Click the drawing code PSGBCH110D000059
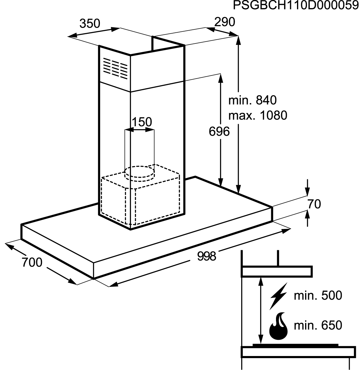pos(296,5)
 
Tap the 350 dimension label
pos(90,23)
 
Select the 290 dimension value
pos(224,22)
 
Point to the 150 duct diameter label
pos(142,122)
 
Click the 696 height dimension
pos(219,132)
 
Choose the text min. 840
pos(252,100)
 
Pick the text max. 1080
pos(258,115)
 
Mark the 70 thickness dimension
pos(314,204)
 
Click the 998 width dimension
pos(206,256)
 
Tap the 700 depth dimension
pos(32,263)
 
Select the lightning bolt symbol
pos(278,296)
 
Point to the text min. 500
pos(318,295)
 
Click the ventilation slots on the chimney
pos(115,68)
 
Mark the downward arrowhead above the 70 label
pos(307,192)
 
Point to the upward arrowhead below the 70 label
pos(307,215)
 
